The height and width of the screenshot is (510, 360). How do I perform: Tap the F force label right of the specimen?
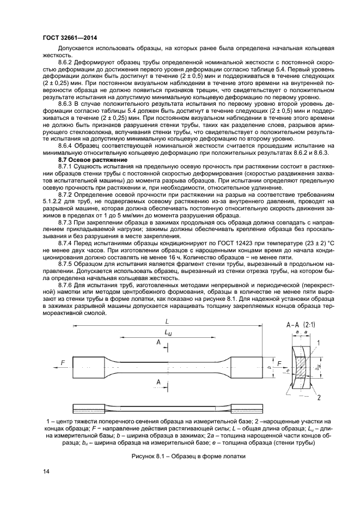click(279, 362)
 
